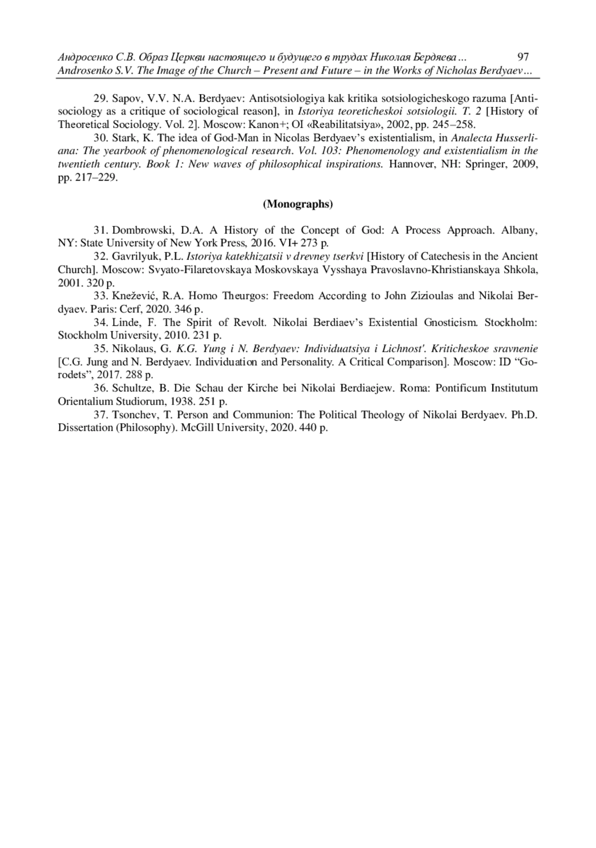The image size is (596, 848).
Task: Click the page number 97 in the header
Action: tap(523, 57)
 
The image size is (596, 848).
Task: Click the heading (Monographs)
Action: tap(298, 204)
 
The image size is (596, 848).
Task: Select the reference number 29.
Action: tap(101, 98)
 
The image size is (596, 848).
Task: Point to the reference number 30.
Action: tap(101, 138)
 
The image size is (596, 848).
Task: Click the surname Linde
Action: tap(126, 323)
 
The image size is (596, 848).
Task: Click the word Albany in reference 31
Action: tap(519, 230)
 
